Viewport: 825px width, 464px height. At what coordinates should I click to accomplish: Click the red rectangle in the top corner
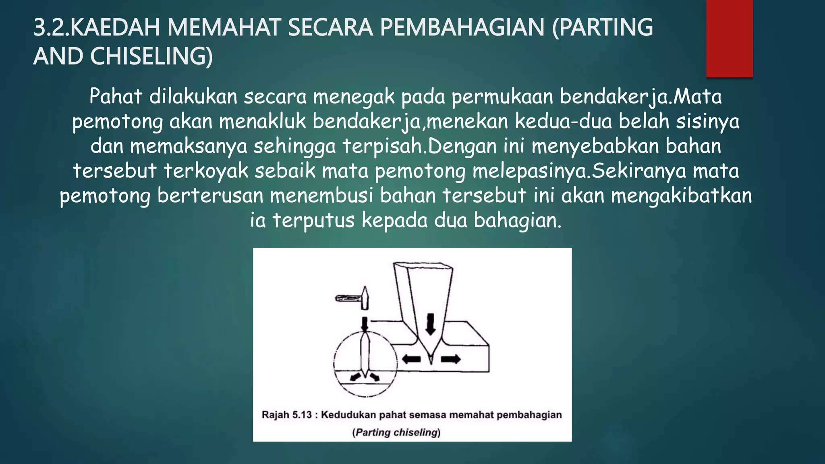(x=729, y=38)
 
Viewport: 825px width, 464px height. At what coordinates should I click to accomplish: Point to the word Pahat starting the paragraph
(x=116, y=97)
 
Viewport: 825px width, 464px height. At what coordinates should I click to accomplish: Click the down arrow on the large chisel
(x=431, y=324)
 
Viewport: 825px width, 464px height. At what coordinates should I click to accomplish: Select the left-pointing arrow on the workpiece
(x=411, y=359)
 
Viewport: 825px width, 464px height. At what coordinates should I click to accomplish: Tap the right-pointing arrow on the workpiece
(x=450, y=359)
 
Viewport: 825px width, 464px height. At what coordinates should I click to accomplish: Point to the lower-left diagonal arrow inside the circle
(x=355, y=377)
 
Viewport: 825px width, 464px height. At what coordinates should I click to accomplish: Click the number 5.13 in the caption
(x=302, y=415)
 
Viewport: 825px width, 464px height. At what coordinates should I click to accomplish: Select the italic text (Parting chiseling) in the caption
(x=396, y=433)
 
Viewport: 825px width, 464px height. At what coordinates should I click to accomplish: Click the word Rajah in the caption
(x=276, y=415)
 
